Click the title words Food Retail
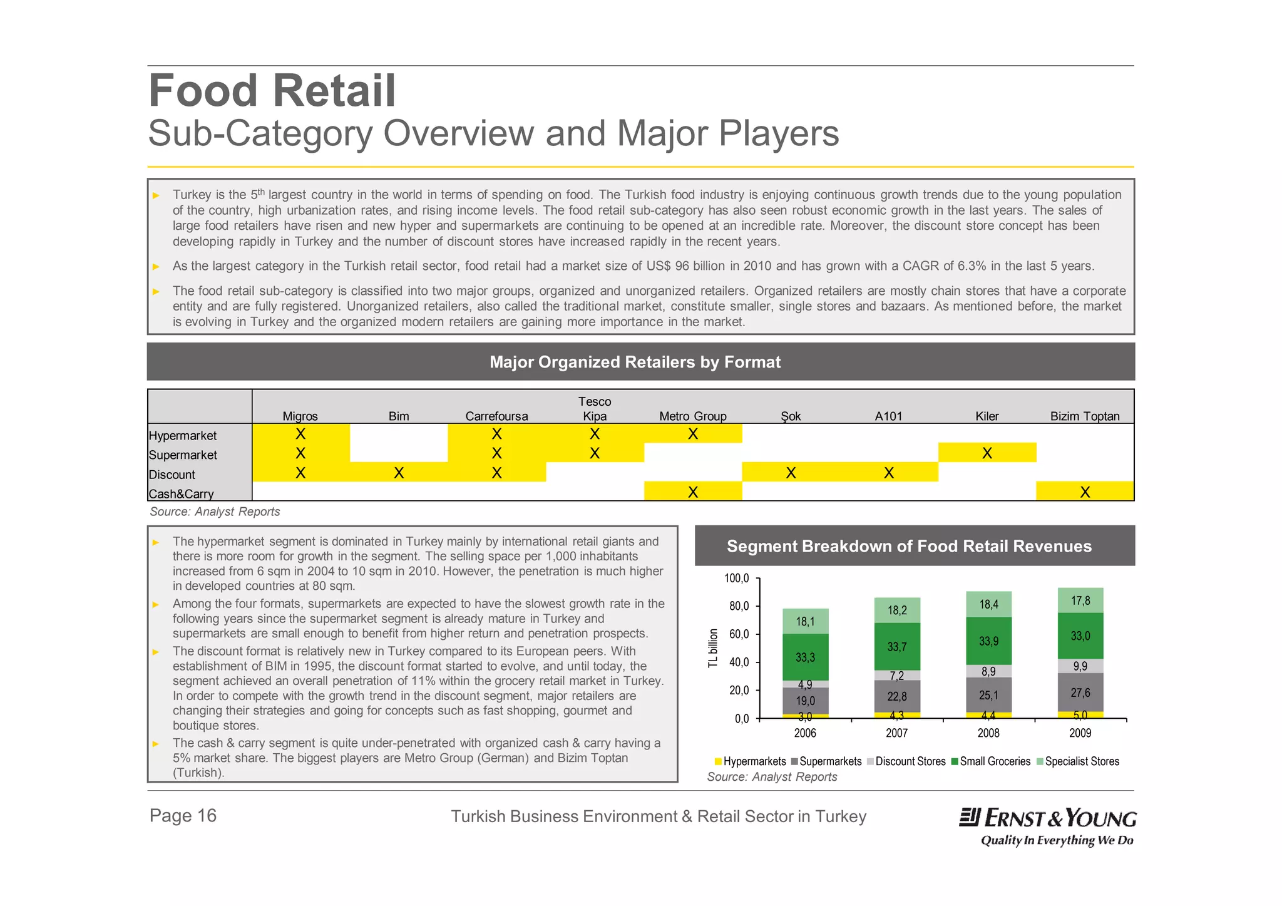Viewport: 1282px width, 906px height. point(272,91)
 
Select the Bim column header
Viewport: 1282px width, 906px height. point(398,416)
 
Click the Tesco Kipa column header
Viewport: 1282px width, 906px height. point(594,409)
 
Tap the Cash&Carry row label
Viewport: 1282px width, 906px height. point(182,494)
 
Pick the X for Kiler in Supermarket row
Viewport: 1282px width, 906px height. point(987,453)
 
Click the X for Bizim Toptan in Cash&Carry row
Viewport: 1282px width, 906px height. point(1084,492)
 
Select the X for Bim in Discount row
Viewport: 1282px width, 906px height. point(398,473)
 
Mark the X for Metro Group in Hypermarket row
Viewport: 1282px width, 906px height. point(692,434)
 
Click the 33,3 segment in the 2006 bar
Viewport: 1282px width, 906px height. point(805,657)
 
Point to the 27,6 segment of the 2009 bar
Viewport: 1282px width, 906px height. point(1080,692)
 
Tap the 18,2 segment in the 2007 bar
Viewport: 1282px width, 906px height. point(896,610)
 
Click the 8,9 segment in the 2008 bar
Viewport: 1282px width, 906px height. point(988,672)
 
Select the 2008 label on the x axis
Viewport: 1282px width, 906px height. point(988,733)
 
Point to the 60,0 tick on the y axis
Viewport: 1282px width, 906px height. point(739,634)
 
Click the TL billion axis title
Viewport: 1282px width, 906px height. point(713,648)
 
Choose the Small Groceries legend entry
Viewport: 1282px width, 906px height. point(990,761)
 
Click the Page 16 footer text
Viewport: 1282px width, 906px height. point(183,816)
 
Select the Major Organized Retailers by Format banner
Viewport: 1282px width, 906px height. point(635,362)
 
